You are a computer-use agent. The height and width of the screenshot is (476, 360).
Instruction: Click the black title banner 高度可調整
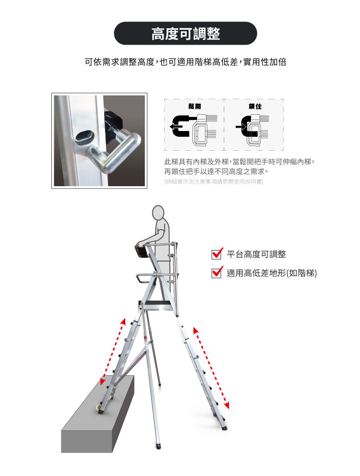(x=185, y=34)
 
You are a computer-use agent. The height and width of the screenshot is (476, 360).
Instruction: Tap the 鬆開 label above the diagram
(x=194, y=106)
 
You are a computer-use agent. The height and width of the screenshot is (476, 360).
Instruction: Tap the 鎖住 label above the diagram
(x=255, y=106)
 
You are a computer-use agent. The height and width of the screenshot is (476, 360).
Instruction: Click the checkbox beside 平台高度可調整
(x=216, y=254)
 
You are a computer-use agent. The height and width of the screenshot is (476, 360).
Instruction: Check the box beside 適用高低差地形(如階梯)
(x=216, y=272)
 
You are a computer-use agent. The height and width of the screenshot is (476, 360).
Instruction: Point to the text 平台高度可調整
(x=256, y=254)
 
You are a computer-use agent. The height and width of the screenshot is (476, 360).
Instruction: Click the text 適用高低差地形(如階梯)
(x=272, y=273)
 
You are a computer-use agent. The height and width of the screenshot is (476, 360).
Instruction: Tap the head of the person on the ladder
(x=158, y=213)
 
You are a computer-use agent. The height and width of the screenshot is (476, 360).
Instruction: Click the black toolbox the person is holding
(x=143, y=251)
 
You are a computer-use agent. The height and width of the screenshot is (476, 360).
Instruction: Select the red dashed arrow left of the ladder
(x=113, y=352)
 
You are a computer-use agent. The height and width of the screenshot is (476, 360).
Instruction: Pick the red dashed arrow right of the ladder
(x=211, y=368)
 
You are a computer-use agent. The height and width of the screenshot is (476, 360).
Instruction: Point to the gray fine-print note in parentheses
(x=214, y=181)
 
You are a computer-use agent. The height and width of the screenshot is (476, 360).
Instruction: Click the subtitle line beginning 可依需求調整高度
(x=185, y=62)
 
